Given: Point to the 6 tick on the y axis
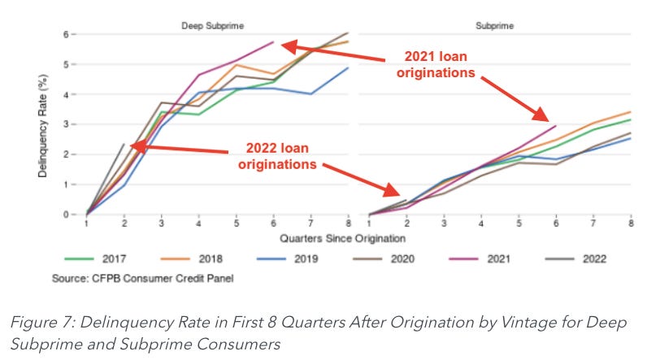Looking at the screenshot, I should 75,34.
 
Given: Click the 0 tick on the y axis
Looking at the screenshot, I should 75,215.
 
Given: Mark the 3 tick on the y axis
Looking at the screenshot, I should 75,124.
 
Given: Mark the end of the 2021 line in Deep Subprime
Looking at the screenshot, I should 273,41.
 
